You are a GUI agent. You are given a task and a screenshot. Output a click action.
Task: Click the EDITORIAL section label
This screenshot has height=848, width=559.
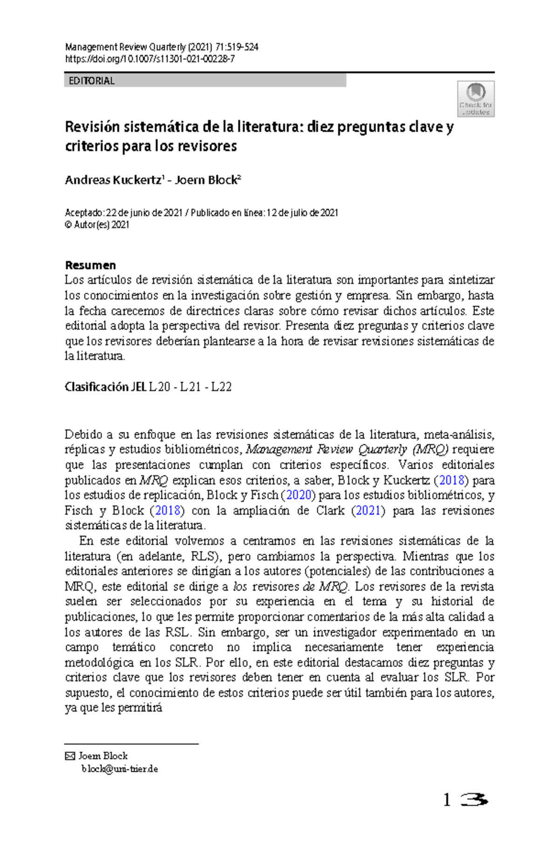[x=91, y=81]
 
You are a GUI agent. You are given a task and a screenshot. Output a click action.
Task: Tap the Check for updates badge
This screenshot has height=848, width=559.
[x=475, y=99]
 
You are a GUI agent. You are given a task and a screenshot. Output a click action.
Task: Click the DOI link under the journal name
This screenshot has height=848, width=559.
[x=150, y=59]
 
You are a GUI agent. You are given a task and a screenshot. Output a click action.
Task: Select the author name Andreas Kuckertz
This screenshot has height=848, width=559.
[x=113, y=180]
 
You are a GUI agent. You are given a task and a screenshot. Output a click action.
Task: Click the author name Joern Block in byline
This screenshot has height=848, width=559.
[x=205, y=180]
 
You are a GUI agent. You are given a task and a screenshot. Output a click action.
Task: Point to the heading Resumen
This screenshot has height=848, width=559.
[x=90, y=265]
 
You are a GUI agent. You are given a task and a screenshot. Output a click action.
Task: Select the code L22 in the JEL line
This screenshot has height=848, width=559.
[x=221, y=387]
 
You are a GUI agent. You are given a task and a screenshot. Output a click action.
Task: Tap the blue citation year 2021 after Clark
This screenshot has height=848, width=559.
[x=368, y=510]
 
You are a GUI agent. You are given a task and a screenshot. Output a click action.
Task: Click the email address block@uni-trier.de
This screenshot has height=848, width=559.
[x=120, y=769]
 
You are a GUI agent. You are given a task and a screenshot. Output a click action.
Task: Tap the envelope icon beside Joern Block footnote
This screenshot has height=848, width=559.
[x=69, y=756]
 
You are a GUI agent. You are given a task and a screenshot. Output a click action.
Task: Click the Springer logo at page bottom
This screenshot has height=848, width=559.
[x=473, y=800]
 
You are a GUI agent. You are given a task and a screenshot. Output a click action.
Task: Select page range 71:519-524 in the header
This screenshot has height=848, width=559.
[x=237, y=47]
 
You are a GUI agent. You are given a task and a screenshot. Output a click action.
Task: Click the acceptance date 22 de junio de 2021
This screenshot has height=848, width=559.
[x=144, y=213]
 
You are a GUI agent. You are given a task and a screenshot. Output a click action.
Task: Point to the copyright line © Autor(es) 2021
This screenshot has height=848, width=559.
[x=97, y=225]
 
